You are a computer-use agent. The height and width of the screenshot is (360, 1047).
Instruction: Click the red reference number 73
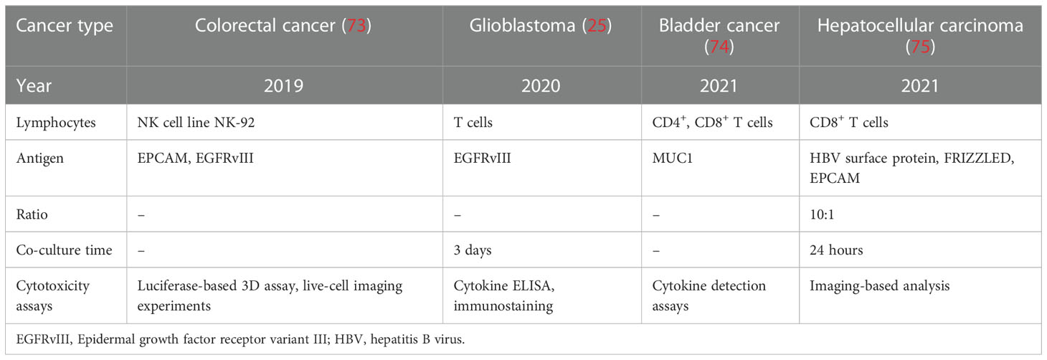[356, 25]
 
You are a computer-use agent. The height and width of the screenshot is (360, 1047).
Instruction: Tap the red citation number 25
[597, 25]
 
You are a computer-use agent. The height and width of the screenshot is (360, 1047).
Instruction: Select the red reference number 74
[719, 47]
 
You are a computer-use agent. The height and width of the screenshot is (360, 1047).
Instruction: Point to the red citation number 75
[920, 47]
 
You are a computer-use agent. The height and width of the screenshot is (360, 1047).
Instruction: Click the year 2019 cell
[284, 86]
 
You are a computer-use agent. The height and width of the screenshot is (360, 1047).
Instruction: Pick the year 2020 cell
[541, 86]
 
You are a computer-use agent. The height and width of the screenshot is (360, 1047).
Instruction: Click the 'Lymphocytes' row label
[56, 123]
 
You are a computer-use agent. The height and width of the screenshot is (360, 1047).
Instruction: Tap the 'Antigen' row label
[39, 158]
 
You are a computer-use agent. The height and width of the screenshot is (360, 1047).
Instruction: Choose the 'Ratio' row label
[32, 214]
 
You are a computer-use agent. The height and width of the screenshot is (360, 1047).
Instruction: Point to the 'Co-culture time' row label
[64, 250]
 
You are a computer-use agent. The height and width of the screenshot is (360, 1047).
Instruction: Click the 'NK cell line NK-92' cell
[196, 123]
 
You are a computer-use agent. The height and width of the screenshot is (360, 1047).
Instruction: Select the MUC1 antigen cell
[672, 158]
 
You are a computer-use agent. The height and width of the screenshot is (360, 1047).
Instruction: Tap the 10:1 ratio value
[822, 214]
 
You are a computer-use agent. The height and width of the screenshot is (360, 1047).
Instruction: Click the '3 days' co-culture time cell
[473, 250]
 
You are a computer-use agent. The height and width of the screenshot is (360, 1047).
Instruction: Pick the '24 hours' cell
[836, 250]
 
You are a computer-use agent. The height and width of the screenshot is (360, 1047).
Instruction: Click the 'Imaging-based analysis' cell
[880, 286]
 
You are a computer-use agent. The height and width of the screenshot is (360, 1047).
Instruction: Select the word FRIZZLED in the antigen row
[979, 158]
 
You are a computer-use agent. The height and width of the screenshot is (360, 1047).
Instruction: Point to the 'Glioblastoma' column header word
[522, 25]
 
